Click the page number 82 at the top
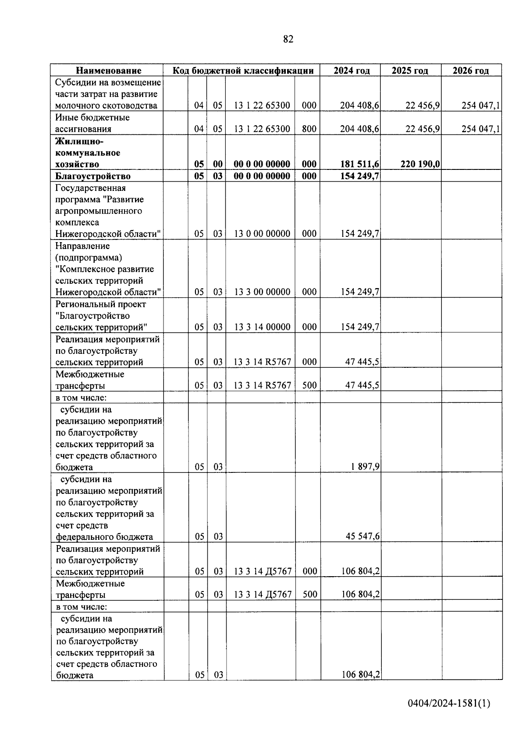click(288, 39)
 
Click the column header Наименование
click(109, 70)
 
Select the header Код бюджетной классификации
click(243, 70)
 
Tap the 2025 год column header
click(409, 70)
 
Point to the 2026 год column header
click(470, 70)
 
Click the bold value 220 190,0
click(420, 164)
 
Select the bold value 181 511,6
click(360, 164)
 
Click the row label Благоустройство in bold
click(93, 176)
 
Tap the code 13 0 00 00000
click(262, 234)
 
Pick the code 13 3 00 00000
click(262, 292)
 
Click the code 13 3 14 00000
click(262, 327)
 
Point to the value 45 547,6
click(363, 537)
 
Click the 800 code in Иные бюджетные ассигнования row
click(309, 129)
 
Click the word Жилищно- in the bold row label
click(79, 141)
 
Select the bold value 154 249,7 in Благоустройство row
click(360, 176)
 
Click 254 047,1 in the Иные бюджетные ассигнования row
click(480, 129)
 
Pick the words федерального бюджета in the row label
click(104, 537)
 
